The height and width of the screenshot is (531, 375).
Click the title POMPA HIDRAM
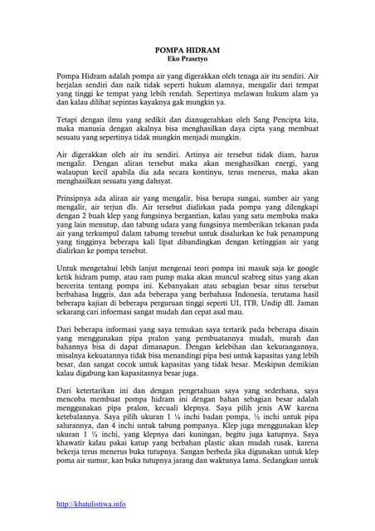point(187,50)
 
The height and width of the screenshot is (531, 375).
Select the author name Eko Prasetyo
point(187,59)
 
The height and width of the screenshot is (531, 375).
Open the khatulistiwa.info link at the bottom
point(91,504)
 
